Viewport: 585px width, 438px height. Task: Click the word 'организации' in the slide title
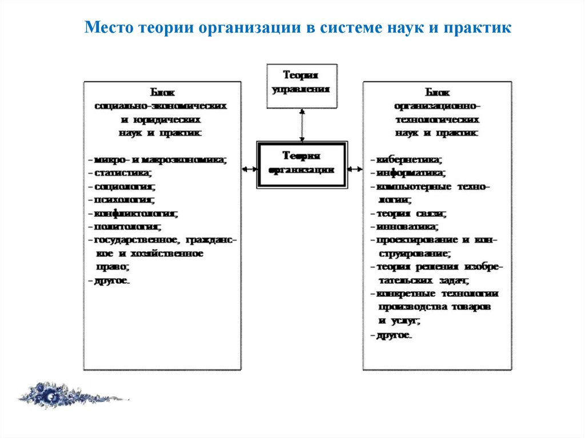tap(244, 29)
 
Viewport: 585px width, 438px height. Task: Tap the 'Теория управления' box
tap(302, 86)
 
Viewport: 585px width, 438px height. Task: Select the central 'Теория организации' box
tap(302, 164)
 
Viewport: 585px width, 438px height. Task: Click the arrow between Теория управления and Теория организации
tap(302, 124)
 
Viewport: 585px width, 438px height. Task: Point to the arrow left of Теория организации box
tap(249, 169)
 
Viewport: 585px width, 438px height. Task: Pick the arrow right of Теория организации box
tap(355, 169)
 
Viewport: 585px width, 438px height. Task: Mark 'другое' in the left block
tap(112, 280)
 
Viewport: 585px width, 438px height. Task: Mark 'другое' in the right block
tap(394, 335)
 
